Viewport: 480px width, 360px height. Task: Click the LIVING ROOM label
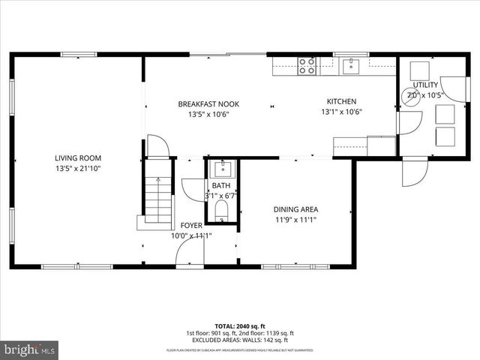77,158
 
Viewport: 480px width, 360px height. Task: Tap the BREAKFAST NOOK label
202,103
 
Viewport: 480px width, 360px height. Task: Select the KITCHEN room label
341,102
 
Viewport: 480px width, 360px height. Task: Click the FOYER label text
190,225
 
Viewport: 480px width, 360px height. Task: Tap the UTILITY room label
424,85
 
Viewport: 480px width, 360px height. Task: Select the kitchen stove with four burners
307,67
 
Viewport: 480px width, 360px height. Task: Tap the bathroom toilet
222,209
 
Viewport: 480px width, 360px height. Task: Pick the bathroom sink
222,168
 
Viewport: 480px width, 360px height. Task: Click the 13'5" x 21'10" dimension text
77,169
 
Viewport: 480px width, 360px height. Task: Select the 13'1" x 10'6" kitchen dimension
341,113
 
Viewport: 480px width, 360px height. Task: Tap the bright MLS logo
30,349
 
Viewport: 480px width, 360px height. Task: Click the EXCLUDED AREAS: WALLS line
240,340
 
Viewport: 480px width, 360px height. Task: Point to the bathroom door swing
190,190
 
